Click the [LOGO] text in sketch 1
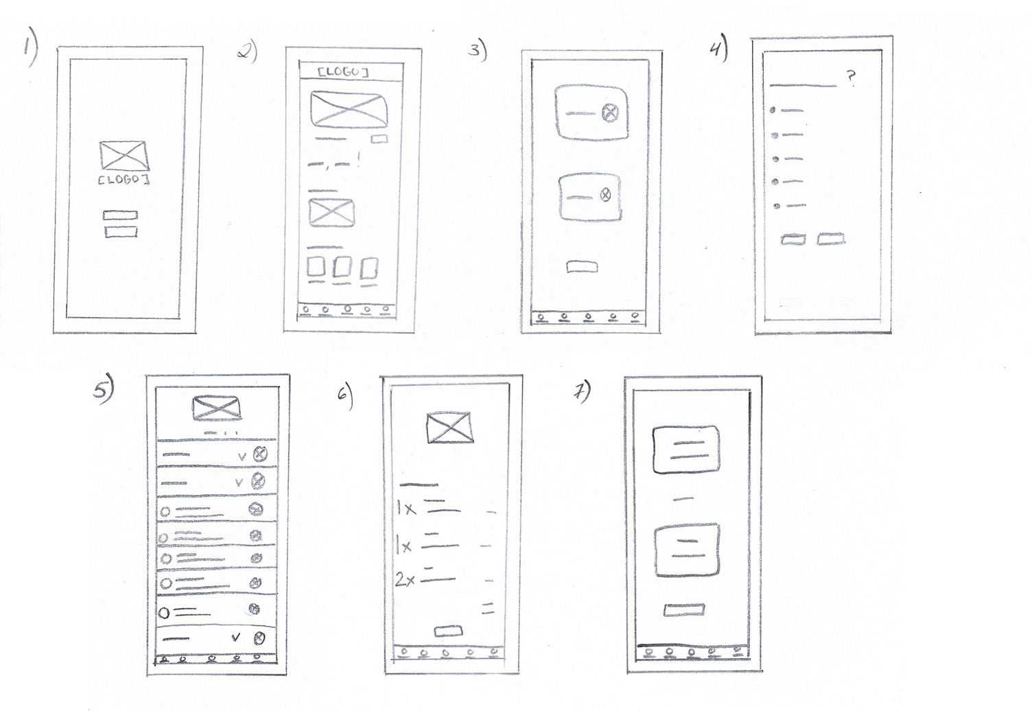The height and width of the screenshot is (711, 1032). pos(124,179)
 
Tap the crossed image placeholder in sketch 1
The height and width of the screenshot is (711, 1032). pos(124,156)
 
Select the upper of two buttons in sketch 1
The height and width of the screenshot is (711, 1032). pos(120,215)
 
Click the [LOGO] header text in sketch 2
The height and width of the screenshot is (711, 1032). pos(343,72)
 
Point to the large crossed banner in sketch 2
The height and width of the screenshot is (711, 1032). pos(349,110)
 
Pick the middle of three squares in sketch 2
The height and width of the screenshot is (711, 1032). pos(342,267)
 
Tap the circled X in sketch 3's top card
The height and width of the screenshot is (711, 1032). pos(611,113)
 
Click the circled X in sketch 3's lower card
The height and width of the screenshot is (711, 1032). pos(605,195)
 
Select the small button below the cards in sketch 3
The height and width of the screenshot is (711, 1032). pos(582,267)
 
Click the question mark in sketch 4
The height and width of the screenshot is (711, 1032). pos(851,78)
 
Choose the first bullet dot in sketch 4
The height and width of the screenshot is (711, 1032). pos(773,110)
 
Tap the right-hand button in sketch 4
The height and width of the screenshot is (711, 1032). pos(831,239)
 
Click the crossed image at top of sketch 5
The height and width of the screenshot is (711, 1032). pos(217,408)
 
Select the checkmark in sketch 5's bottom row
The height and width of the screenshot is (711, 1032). pos(235,638)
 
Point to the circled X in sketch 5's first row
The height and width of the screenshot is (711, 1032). pos(260,454)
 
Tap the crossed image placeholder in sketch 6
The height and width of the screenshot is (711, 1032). pos(449,427)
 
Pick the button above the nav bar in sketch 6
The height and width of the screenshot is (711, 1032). pos(448,631)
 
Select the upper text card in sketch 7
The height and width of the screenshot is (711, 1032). pos(686,450)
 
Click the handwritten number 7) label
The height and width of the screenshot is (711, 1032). pos(583,393)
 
